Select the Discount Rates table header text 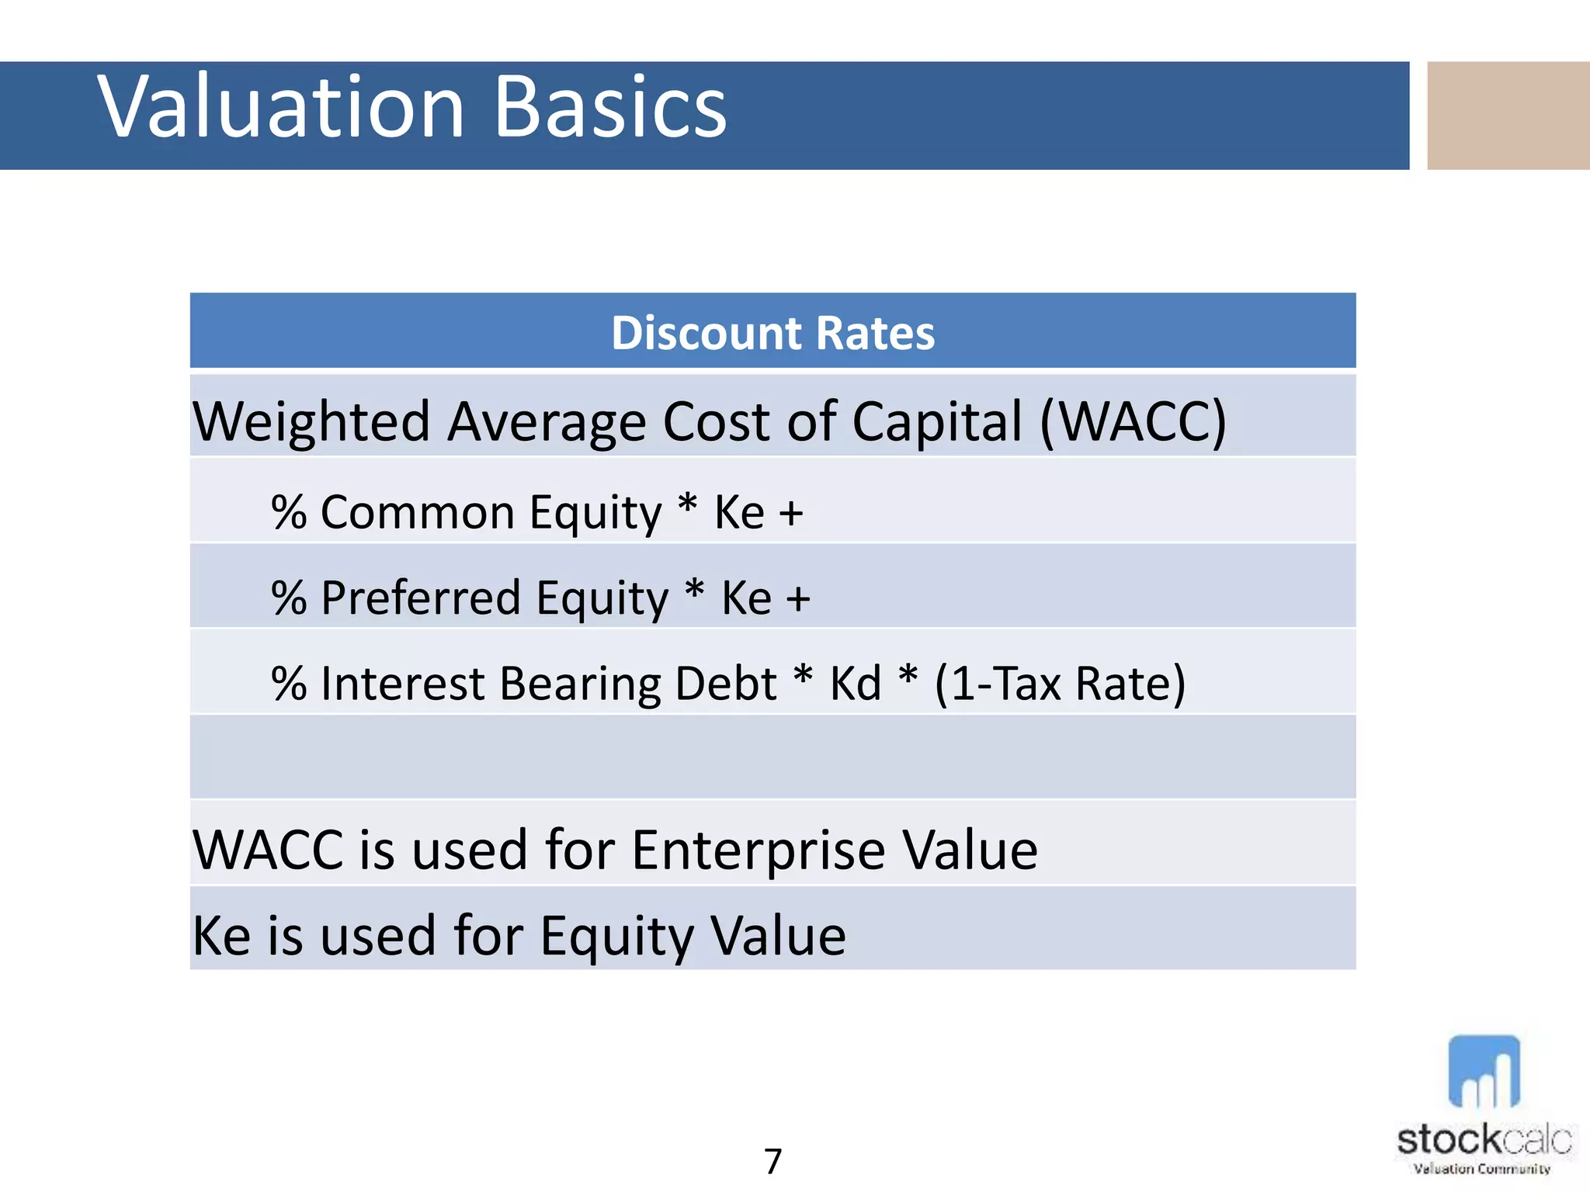(x=772, y=333)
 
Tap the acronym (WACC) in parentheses (x=1133, y=421)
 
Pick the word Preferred (x=420, y=598)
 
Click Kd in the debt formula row (x=856, y=684)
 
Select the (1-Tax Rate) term (x=1060, y=684)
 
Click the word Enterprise (x=758, y=851)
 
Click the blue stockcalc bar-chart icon (x=1484, y=1072)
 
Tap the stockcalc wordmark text (x=1483, y=1140)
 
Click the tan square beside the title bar (x=1508, y=116)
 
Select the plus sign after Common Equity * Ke (x=791, y=513)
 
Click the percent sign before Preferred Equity (x=289, y=598)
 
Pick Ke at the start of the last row (x=221, y=936)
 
